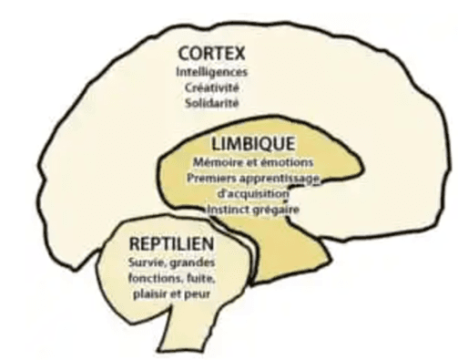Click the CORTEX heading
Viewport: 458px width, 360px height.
point(211,54)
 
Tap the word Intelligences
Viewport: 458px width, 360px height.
point(212,72)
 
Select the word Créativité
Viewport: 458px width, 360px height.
point(212,87)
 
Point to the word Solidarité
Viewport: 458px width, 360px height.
point(212,103)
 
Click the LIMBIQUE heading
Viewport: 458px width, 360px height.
point(253,144)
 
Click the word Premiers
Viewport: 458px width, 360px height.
point(211,178)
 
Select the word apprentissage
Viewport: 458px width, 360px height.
point(280,179)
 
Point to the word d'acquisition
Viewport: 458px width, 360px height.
point(252,194)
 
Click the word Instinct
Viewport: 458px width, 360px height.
point(227,210)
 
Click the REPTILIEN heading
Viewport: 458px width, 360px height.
point(172,244)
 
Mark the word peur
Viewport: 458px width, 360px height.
point(198,295)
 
